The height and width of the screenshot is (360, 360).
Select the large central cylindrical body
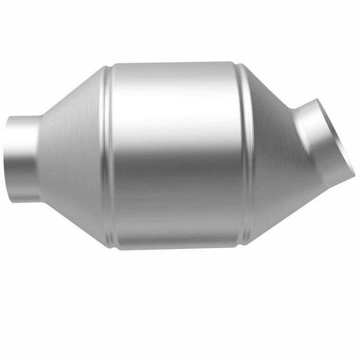175,153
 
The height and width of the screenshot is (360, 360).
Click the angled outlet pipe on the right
319,135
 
